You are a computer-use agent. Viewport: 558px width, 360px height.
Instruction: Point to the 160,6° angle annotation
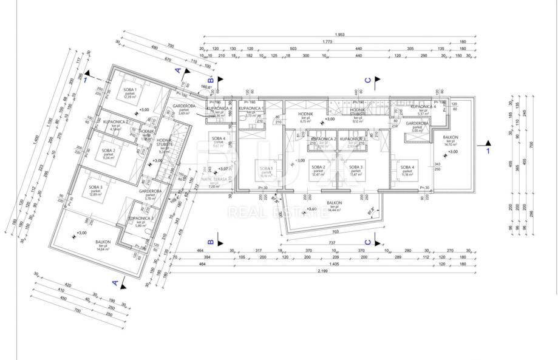(206, 87)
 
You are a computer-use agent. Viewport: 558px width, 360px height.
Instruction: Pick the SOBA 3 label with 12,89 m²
(95, 188)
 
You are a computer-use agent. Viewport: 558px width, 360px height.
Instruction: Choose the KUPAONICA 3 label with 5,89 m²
(140, 218)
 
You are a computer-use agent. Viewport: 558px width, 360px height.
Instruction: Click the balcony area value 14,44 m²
(334, 210)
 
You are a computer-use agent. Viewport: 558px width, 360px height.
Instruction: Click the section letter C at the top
(367, 80)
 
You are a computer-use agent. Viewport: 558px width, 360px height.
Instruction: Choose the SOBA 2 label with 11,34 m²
(109, 151)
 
